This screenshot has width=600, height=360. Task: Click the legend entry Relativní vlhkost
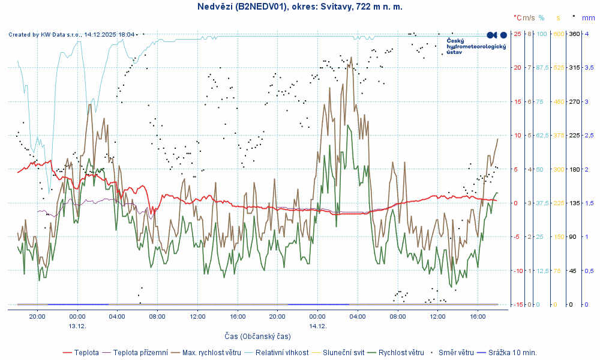click(282, 352)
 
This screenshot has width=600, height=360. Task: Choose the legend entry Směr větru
click(457, 352)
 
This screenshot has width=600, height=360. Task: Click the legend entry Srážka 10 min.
click(512, 352)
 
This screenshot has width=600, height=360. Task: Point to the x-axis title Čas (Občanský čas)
click(257, 337)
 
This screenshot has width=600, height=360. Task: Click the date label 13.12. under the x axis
click(77, 326)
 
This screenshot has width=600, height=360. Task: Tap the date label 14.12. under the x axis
click(317, 326)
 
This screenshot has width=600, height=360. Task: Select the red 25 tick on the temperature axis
click(517, 34)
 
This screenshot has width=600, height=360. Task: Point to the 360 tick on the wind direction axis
click(574, 34)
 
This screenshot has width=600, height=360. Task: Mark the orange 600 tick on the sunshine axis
click(558, 34)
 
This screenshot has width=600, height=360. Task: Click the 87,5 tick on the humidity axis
click(542, 68)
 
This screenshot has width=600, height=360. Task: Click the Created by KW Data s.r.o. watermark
click(71, 35)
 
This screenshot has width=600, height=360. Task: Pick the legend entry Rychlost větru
click(401, 352)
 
